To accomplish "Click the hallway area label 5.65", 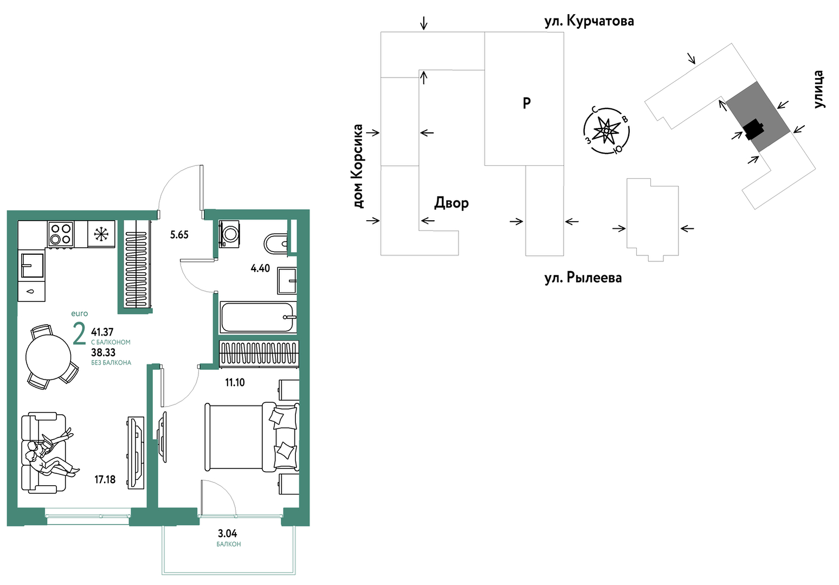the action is tap(179, 235).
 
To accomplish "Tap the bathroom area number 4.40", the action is tap(260, 268).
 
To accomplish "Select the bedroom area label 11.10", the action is tap(235, 382).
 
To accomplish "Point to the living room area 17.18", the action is tap(105, 479).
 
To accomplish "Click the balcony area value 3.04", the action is tap(227, 533).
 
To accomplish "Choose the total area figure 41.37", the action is tap(102, 332).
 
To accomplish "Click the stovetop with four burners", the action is tap(61, 234).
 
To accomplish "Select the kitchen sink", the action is tap(32, 265).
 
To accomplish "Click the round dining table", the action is tap(48, 357).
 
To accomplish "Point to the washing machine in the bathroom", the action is tap(229, 234).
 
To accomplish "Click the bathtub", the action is tap(257, 317).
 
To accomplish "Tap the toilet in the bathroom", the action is tap(276, 243).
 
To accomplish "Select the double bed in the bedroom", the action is tap(251, 437).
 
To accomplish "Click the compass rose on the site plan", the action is tap(606, 131).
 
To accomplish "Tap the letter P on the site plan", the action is tap(527, 102).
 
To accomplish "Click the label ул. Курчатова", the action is tap(589, 21).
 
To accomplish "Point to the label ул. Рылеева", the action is tap(583, 278).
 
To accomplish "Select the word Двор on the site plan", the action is tap(451, 203).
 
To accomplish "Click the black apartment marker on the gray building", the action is tap(753, 130).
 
